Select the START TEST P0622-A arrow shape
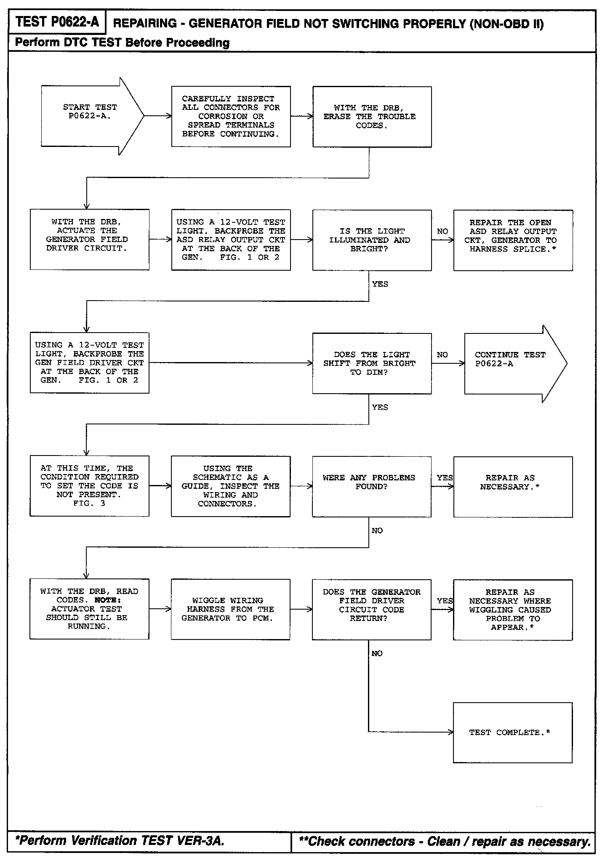pos(91,116)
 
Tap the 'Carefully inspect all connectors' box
pos(231,117)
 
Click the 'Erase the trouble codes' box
pos(372,117)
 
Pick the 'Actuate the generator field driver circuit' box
pos(89,239)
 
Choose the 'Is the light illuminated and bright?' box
pos(372,240)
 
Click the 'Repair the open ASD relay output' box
pos(513,240)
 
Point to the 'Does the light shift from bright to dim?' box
pos(372,363)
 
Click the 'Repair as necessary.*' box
pos(513,486)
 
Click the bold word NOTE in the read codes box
pos(108,600)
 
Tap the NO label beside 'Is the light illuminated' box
pos(442,232)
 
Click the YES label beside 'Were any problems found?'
pos(445,477)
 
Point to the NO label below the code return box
pos(377,653)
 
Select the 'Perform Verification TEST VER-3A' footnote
pos(120,841)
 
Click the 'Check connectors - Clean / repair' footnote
pos(444,842)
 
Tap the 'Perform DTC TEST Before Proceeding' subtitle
pos(122,43)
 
